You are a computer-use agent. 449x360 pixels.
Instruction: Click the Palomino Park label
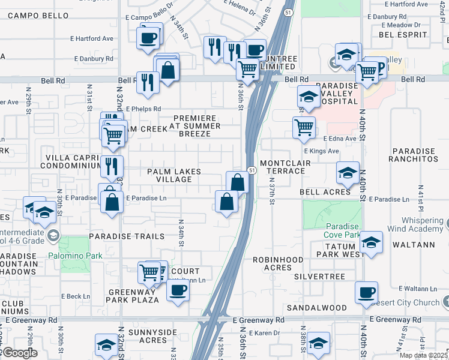pyautogui.click(x=80, y=256)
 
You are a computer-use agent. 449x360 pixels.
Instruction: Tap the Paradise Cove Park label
pyautogui.click(x=342, y=230)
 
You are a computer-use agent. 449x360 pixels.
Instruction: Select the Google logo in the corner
pyautogui.click(x=19, y=353)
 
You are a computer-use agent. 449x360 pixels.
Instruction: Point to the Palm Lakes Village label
pyautogui.click(x=175, y=176)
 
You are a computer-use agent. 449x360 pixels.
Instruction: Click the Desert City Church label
pyautogui.click(x=413, y=303)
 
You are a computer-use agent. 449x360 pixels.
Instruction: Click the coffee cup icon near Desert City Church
pyautogui.click(x=366, y=293)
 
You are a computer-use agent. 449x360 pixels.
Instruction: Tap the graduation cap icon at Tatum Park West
pyautogui.click(x=372, y=243)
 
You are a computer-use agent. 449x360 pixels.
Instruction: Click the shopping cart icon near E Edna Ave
pyautogui.click(x=304, y=127)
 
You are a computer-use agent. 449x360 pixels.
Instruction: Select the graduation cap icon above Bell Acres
pyautogui.click(x=347, y=173)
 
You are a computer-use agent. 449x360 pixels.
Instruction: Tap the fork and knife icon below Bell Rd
pyautogui.click(x=148, y=82)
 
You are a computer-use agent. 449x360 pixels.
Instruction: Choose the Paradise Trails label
pyautogui.click(x=127, y=236)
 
